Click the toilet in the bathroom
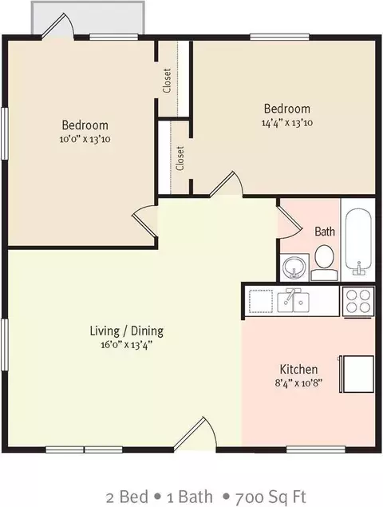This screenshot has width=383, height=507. point(324,263)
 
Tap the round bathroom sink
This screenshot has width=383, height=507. point(294,267)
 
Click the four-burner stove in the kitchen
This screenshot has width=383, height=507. point(358,301)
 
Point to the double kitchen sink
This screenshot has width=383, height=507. point(293,302)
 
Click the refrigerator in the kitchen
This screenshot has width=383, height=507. point(357,374)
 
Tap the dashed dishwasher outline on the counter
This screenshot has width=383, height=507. point(260,301)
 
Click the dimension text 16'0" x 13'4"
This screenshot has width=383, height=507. point(126,345)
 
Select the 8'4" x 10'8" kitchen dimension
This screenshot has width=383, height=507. point(298,383)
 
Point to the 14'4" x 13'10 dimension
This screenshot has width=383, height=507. point(287,123)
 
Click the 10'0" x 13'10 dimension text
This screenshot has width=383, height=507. point(85,140)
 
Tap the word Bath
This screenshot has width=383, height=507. point(325,232)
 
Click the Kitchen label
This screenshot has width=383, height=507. point(298,369)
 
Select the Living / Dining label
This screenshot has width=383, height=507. point(126,331)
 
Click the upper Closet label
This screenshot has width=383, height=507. point(167,81)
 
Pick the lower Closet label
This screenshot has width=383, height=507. point(180,158)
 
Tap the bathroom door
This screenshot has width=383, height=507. point(290,222)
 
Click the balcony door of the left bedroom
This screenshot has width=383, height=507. point(57,26)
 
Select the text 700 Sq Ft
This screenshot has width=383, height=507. point(270,497)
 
